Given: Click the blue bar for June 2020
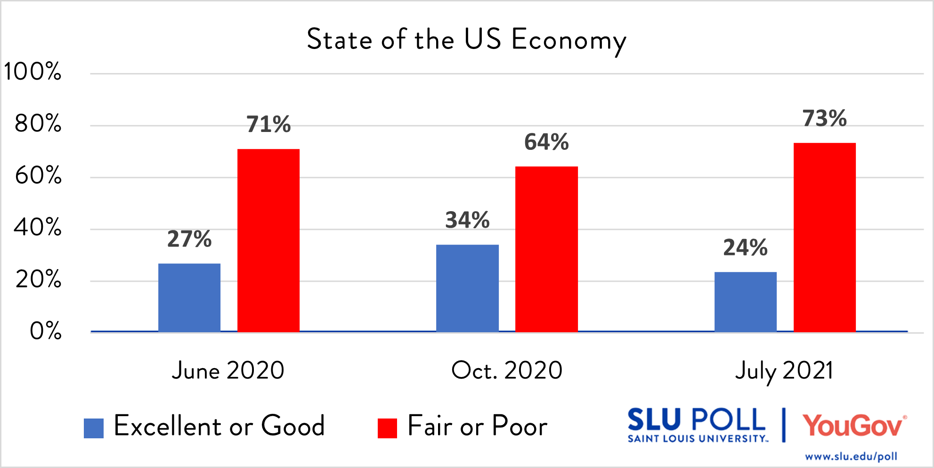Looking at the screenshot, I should [x=189, y=297].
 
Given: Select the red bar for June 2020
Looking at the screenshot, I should [x=268, y=240].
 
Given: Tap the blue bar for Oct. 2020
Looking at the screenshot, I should [x=467, y=288].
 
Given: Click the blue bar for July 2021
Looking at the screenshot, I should [x=746, y=302].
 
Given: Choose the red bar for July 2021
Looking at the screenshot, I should [x=825, y=237].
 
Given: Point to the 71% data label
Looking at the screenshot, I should [x=268, y=124].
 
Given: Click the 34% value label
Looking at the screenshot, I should [x=467, y=220].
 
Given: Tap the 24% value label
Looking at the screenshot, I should [x=746, y=247].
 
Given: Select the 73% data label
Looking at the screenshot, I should [x=825, y=118].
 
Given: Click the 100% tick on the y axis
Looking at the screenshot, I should [x=32, y=72].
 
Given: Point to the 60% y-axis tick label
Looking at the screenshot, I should [x=38, y=176].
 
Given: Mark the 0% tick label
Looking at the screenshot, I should [x=46, y=331].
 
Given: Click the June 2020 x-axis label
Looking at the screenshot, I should [x=228, y=370].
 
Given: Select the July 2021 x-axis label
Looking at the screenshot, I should [x=784, y=371].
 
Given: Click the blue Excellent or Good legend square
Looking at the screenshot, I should [x=94, y=428].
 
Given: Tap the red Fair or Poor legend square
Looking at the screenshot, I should [x=387, y=428].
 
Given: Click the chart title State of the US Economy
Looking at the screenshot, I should [x=466, y=40].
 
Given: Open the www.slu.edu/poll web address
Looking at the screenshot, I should [x=851, y=456].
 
